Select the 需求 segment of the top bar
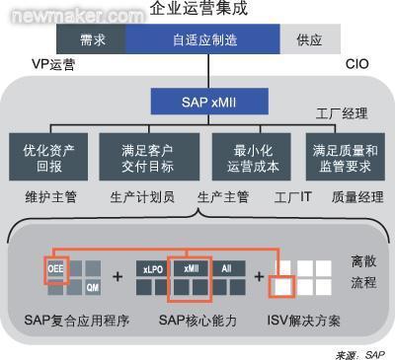(89, 39)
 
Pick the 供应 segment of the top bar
(310, 39)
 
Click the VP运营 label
(52, 63)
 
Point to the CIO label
(356, 63)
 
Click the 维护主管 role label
(46, 196)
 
